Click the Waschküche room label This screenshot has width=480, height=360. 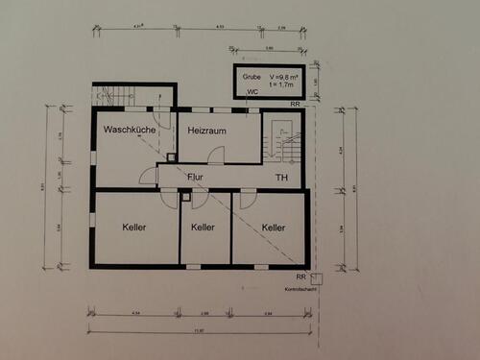click(131, 129)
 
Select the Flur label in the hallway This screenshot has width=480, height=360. click(195, 177)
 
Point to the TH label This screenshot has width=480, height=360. click(281, 178)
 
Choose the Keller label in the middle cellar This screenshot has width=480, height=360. click(203, 228)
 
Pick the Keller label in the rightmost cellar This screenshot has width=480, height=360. click(274, 228)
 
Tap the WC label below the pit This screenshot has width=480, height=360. click(252, 92)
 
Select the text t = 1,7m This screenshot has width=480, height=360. click(282, 83)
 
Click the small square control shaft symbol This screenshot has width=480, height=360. click(319, 277)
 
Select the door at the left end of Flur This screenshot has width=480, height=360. click(148, 176)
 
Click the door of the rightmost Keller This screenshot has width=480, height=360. click(248, 199)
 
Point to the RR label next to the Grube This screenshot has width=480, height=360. click(297, 102)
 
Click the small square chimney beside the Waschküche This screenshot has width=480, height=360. click(171, 156)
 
